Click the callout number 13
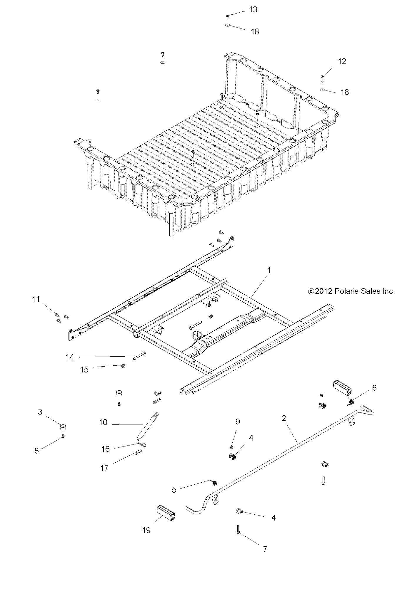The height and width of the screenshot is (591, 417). click(x=253, y=10)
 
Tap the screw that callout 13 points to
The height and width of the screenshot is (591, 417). click(x=227, y=16)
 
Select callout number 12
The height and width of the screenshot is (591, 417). click(x=342, y=61)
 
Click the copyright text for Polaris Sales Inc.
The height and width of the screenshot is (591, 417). click(x=351, y=291)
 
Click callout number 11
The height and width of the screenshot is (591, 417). click(x=36, y=300)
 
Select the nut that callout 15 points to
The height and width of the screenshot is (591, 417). click(x=123, y=366)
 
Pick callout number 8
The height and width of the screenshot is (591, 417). click(x=36, y=451)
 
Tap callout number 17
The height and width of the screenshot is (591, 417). click(x=104, y=468)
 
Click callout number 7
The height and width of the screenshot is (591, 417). click(x=265, y=549)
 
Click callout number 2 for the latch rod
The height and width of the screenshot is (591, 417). click(x=284, y=418)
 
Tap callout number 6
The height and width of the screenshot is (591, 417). click(x=374, y=388)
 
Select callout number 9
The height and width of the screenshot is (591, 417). click(x=238, y=422)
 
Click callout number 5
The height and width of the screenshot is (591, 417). click(x=174, y=490)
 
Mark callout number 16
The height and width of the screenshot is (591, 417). click(x=105, y=449)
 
